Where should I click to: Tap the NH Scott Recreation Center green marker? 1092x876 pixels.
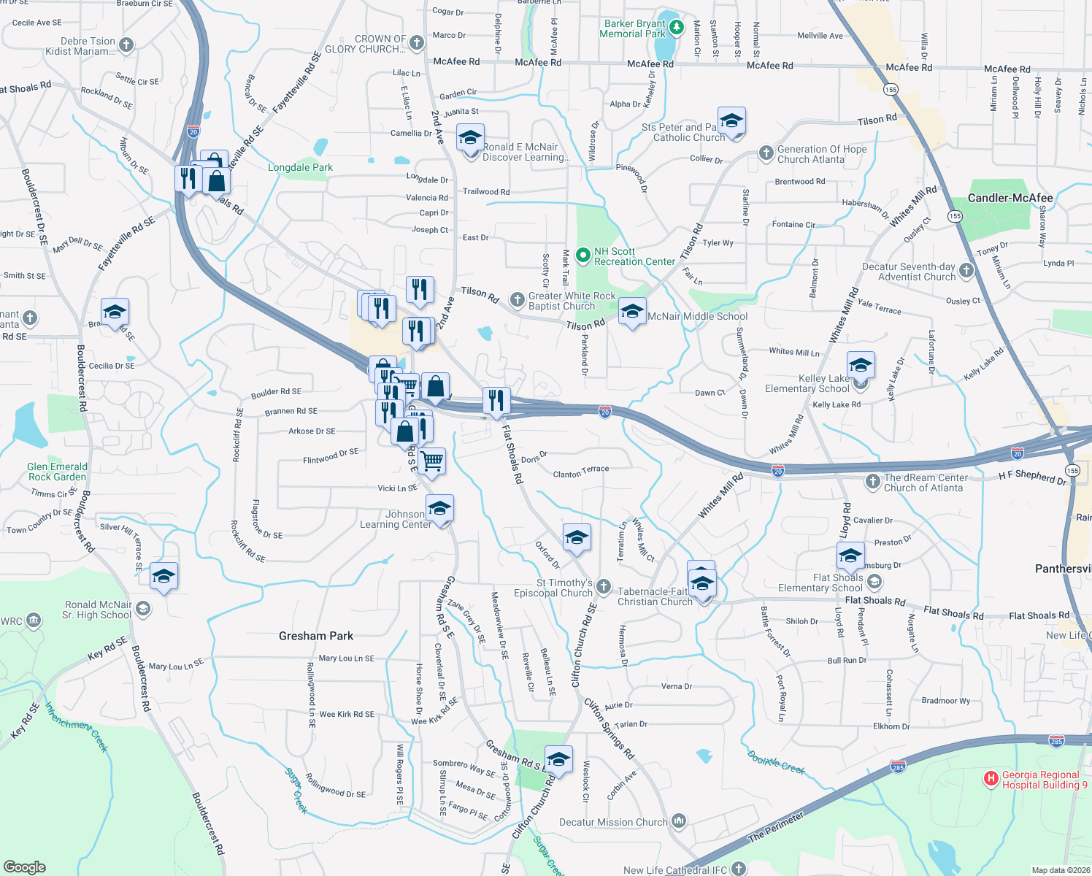pos(582,255)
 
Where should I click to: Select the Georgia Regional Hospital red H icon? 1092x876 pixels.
pos(991,779)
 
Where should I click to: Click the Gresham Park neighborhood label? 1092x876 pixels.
pos(316,636)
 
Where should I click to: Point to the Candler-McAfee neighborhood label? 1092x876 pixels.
pos(1010,198)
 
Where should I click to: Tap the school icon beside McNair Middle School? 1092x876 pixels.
pos(631,312)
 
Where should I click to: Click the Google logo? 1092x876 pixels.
pos(24,867)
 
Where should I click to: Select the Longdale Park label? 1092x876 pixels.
pos(300,167)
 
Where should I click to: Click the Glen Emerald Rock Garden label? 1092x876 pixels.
pos(57,472)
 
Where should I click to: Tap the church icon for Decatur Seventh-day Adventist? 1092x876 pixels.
pos(966,271)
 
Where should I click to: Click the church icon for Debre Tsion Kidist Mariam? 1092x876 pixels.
pos(126,45)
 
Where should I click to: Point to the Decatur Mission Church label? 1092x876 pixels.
pos(613,822)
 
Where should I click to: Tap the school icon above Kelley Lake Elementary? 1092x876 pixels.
pos(861,365)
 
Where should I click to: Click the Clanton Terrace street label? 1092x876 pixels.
pos(581,472)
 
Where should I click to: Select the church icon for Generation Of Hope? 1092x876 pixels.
pos(766,153)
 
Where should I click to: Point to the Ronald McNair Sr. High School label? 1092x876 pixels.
pos(97,610)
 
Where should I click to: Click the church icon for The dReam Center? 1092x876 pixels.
pos(872,481)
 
